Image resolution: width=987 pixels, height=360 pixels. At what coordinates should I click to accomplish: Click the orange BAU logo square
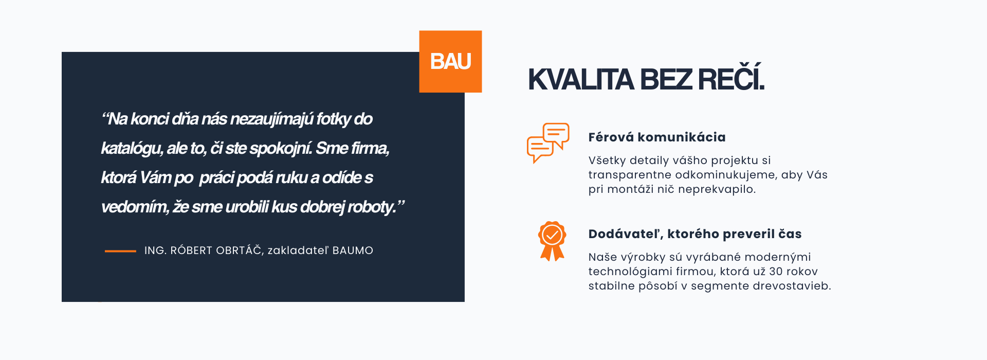click(x=450, y=62)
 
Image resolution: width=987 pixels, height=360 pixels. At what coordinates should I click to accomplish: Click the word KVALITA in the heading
click(x=581, y=80)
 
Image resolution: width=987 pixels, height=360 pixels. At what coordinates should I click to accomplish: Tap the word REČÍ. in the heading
click(x=732, y=78)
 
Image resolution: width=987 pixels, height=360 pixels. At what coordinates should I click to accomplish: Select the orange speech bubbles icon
click(x=548, y=142)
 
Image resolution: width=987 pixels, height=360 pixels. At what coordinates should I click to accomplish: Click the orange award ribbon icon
click(x=552, y=241)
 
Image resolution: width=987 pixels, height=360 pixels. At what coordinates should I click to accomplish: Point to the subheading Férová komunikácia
click(x=657, y=137)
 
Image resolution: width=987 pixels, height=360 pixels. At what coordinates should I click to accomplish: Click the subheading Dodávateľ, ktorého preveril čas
click(x=695, y=234)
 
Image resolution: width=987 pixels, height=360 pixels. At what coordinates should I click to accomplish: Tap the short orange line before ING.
click(x=120, y=251)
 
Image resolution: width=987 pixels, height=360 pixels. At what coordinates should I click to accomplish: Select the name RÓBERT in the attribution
click(x=190, y=250)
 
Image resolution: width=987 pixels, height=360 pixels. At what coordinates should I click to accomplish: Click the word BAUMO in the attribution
click(x=353, y=250)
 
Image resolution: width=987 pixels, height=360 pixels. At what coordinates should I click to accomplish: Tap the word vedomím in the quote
click(x=134, y=207)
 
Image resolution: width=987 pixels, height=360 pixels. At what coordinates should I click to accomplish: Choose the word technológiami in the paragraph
click(x=629, y=272)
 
